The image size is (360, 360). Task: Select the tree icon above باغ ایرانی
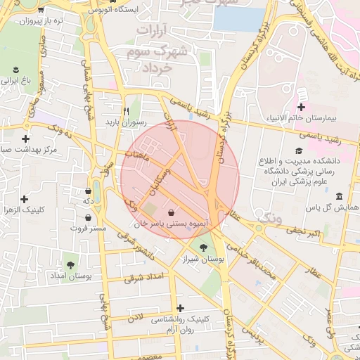(15, 70)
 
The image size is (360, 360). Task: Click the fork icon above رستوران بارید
(126, 110)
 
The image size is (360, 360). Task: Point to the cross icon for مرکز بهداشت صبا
(26, 139)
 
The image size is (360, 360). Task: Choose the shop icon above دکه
(88, 191)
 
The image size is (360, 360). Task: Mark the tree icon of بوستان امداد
(71, 265)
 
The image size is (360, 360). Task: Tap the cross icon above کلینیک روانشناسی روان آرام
(181, 308)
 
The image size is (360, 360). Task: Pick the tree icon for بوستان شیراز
(203, 247)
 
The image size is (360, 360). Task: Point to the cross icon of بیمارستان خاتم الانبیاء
(302, 107)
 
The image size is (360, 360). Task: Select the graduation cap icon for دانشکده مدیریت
(298, 150)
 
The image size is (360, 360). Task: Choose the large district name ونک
(269, 217)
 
